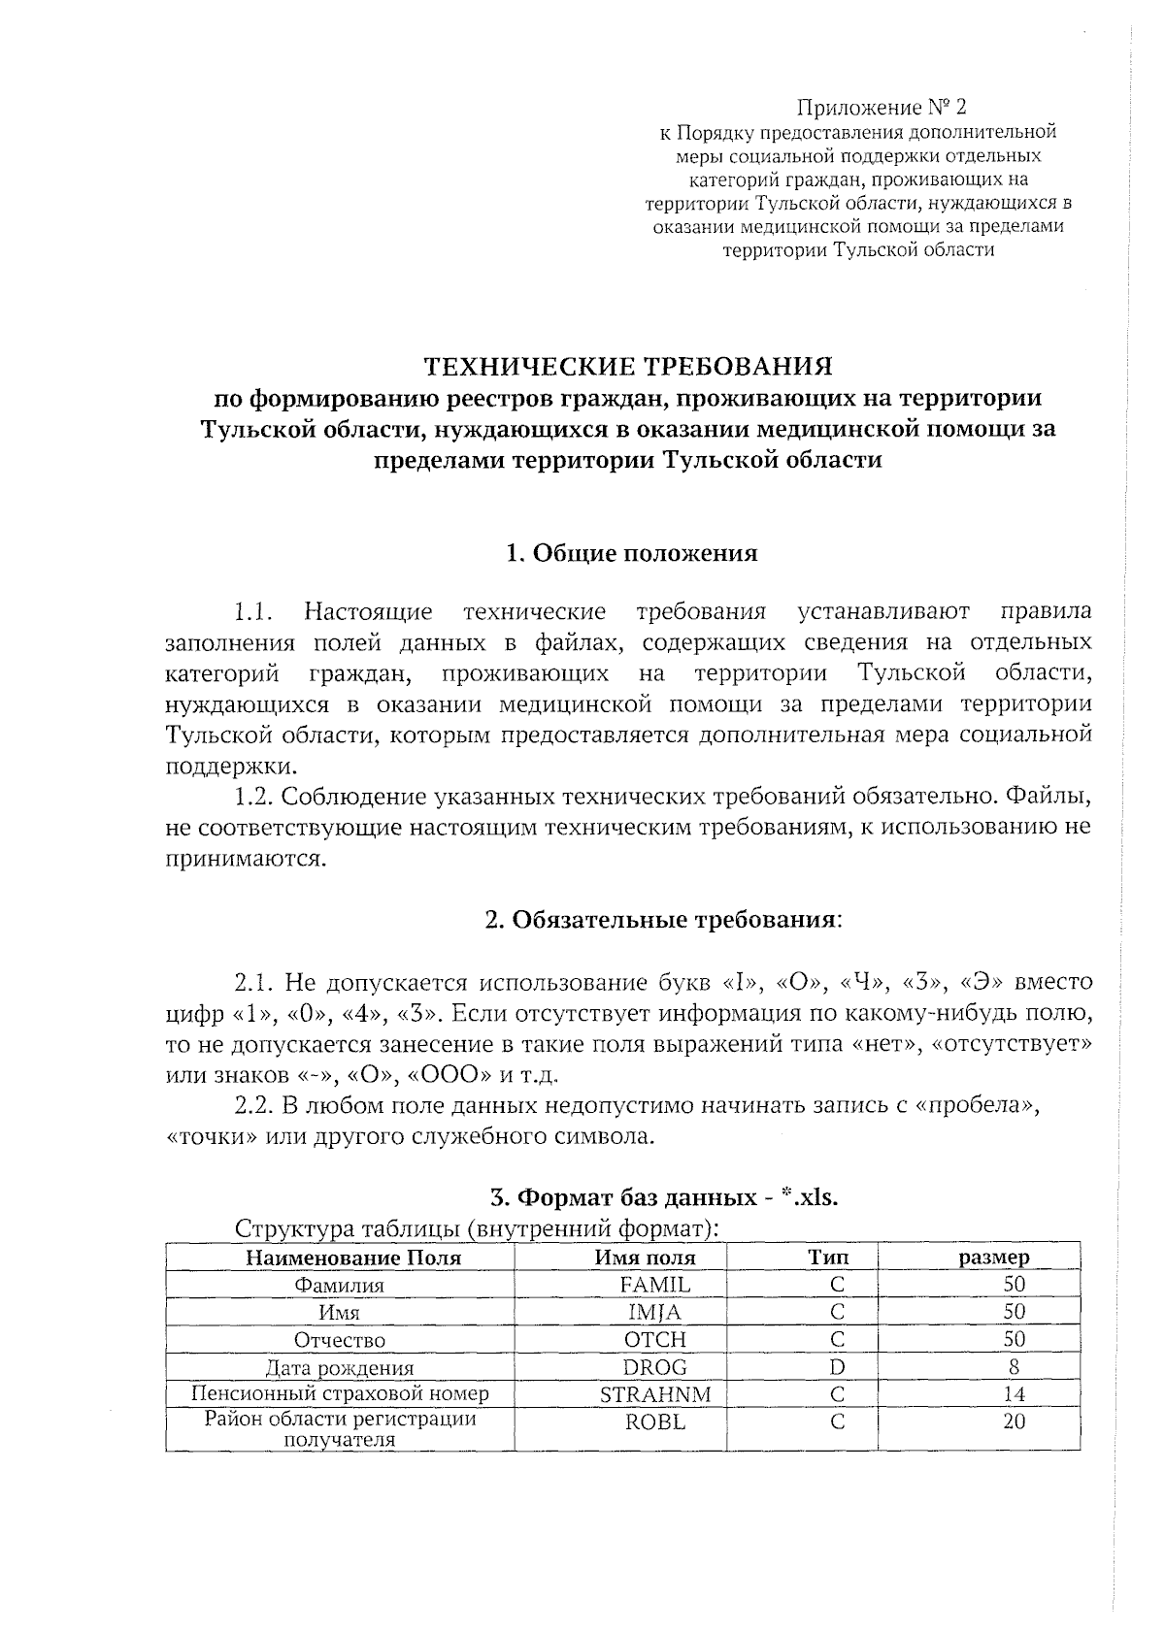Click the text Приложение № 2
[x=882, y=107]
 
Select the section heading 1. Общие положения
[x=631, y=554]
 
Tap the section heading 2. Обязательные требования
[x=663, y=919]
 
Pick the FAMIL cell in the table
[x=655, y=1285]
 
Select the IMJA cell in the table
[x=655, y=1312]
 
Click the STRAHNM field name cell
[x=655, y=1394]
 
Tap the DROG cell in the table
[x=655, y=1367]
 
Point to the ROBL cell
[x=655, y=1422]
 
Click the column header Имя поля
[x=645, y=1258]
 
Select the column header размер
[x=994, y=1258]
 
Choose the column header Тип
[x=828, y=1258]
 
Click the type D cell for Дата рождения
[x=837, y=1367]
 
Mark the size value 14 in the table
[x=1014, y=1394]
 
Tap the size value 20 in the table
[x=1014, y=1422]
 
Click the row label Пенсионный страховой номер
[x=340, y=1394]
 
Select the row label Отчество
[x=340, y=1340]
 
